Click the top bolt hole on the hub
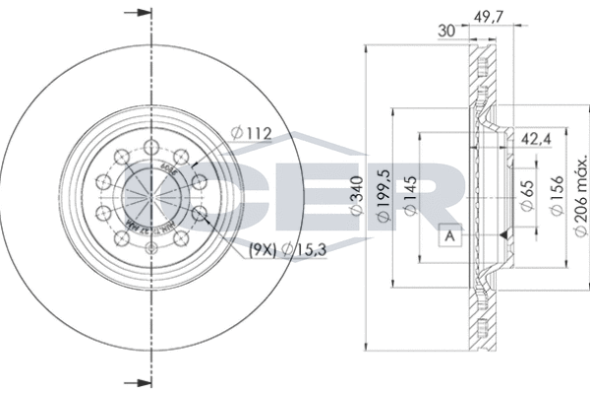[x=152, y=149]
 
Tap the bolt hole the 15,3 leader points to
[x=201, y=212]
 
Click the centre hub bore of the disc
[x=152, y=196]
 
